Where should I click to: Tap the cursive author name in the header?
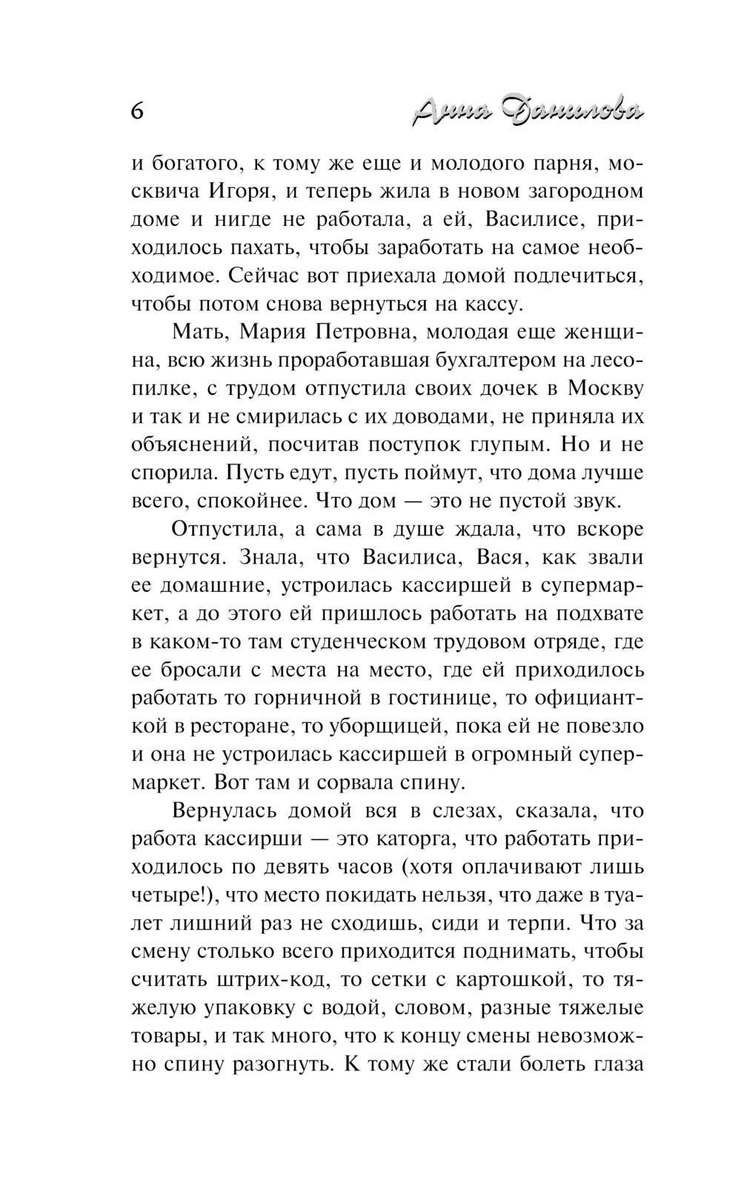click(x=527, y=111)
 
